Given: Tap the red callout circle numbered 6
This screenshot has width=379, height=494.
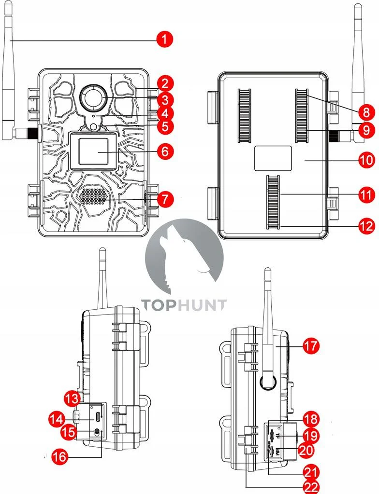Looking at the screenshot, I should click(x=165, y=151).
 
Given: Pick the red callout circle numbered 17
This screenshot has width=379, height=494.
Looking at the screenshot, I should click(x=310, y=346).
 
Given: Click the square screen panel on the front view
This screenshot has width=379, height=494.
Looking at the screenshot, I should click(x=94, y=151).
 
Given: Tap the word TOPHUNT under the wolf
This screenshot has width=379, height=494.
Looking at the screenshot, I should click(x=184, y=304).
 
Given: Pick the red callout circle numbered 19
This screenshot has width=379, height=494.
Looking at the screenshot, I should click(x=311, y=436).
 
